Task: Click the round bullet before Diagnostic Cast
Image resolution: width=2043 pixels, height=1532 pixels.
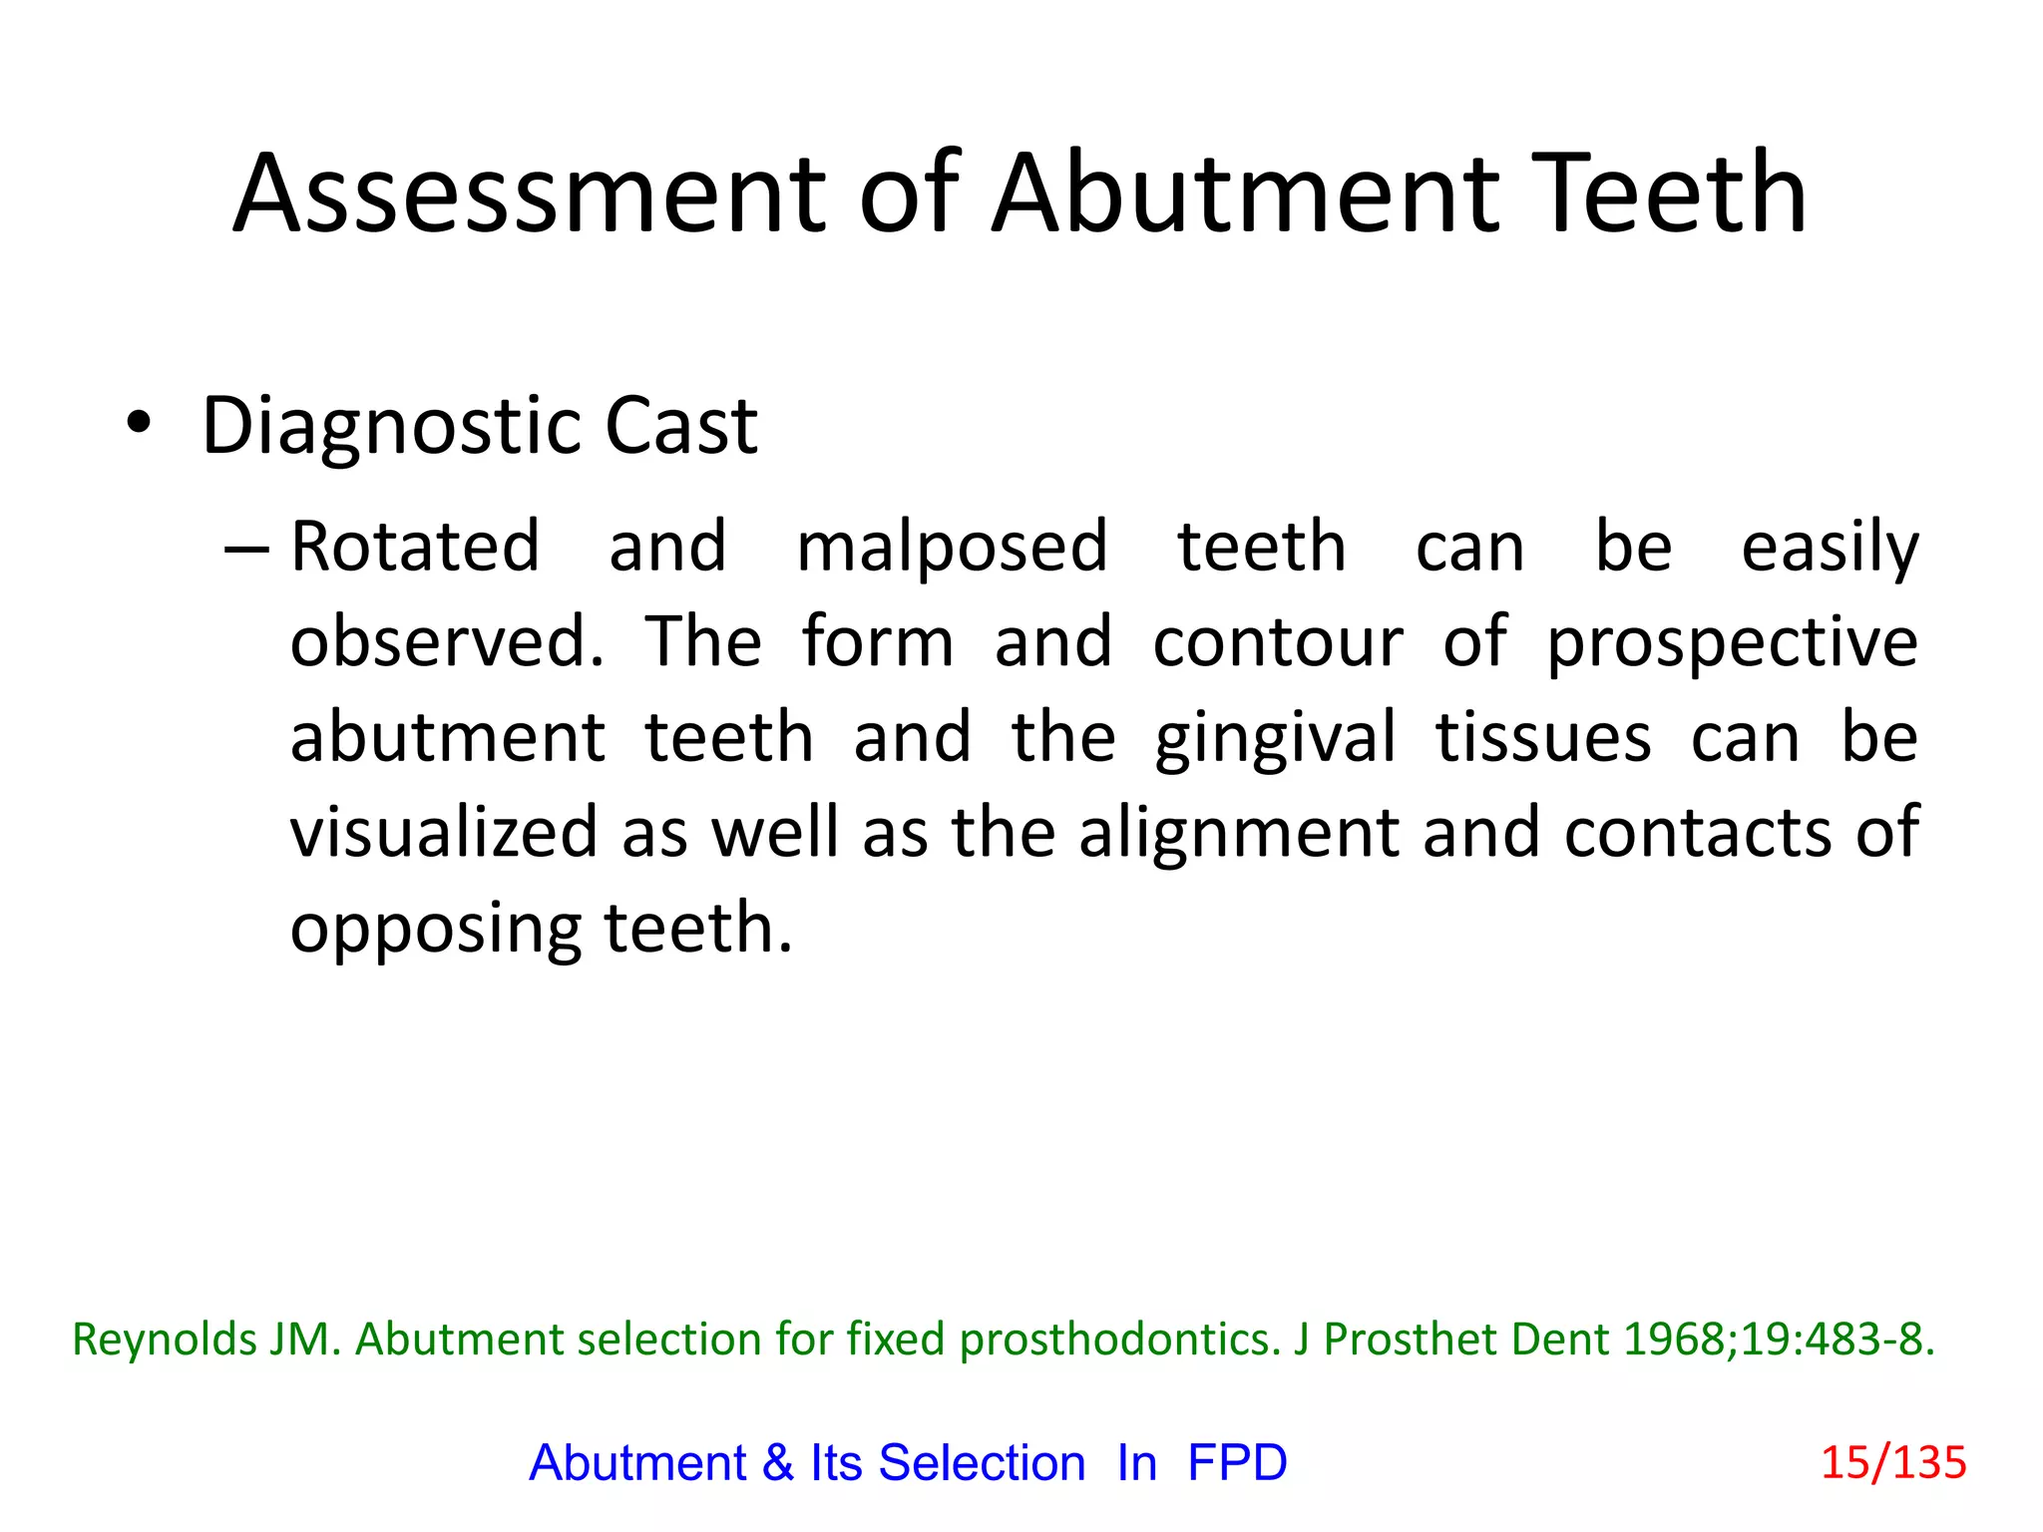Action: pyautogui.click(x=139, y=423)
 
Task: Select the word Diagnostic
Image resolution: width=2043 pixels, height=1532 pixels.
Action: pyautogui.click(x=390, y=427)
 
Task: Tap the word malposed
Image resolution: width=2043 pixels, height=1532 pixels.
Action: pyautogui.click(x=952, y=549)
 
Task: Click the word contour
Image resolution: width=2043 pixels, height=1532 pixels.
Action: pyautogui.click(x=1278, y=642)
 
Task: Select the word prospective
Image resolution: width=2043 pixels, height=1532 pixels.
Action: pyautogui.click(x=1732, y=644)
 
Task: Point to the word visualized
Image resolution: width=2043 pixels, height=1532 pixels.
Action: pyautogui.click(x=444, y=833)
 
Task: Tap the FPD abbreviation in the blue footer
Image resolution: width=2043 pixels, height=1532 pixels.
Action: pyautogui.click(x=1237, y=1463)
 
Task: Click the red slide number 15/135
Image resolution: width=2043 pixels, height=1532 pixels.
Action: pyautogui.click(x=1893, y=1463)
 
